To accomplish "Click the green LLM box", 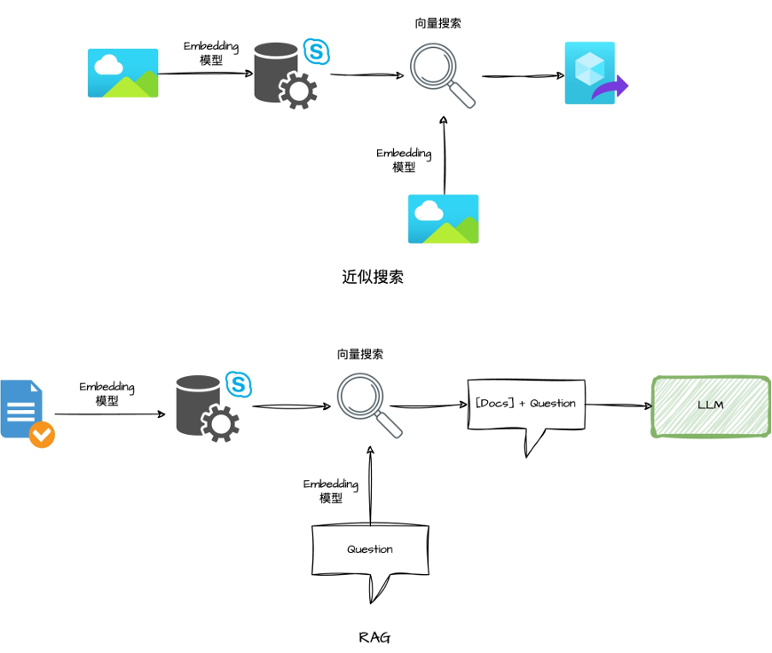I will (711, 405).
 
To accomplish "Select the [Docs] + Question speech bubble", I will (525, 405).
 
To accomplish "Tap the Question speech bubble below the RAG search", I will (370, 550).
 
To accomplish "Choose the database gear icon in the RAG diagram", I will (208, 408).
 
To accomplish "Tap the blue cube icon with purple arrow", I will (595, 74).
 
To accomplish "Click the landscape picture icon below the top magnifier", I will (443, 218).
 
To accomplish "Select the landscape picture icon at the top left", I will (122, 73).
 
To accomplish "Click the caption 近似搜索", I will (373, 276).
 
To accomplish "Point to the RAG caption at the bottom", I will (374, 637).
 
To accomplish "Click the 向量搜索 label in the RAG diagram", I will (360, 354).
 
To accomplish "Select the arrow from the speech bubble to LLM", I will (616, 405).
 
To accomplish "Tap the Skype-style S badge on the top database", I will (317, 51).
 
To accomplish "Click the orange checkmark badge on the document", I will (42, 435).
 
